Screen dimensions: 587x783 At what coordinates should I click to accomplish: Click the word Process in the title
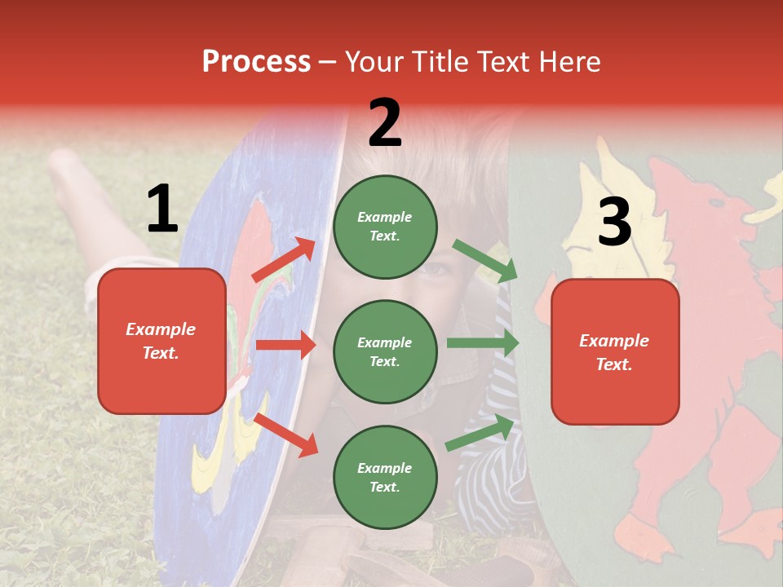[256, 62]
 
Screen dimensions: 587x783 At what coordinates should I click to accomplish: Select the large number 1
[162, 210]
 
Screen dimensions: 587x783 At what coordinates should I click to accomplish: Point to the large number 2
[385, 123]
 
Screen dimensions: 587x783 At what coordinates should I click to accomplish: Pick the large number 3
[614, 223]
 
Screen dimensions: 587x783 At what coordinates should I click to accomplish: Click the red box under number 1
[161, 341]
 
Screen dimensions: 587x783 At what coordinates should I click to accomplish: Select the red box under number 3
[615, 352]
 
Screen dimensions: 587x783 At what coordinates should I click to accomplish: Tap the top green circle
[385, 227]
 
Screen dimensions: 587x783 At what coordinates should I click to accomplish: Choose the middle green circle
[385, 351]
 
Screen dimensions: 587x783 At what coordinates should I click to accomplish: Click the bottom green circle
[385, 477]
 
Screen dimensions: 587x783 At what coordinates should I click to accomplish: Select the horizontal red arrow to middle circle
[285, 345]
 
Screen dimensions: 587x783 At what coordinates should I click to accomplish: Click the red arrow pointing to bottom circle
[286, 434]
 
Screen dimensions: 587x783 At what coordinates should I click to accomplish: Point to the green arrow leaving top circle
[484, 261]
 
